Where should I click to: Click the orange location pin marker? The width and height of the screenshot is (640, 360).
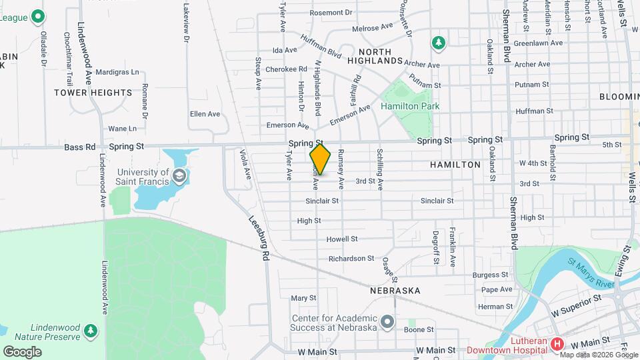tap(321, 159)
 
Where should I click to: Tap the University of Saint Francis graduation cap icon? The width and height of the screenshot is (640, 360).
tap(178, 176)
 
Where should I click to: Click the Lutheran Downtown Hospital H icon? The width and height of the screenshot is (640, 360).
tap(557, 345)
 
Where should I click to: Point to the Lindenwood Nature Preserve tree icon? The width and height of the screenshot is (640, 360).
tap(91, 330)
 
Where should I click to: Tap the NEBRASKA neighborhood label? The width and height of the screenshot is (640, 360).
tap(395, 291)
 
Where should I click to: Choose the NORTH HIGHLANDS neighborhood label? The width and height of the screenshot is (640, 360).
tap(380, 56)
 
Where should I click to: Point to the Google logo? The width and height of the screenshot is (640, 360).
tap(22, 351)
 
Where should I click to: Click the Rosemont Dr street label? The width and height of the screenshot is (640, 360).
tap(330, 12)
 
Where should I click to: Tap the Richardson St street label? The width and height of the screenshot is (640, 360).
tap(351, 258)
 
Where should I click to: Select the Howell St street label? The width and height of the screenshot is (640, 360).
tap(342, 239)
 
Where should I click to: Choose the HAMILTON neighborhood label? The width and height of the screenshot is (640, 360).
tap(455, 164)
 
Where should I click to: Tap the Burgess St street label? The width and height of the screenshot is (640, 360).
tap(491, 275)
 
